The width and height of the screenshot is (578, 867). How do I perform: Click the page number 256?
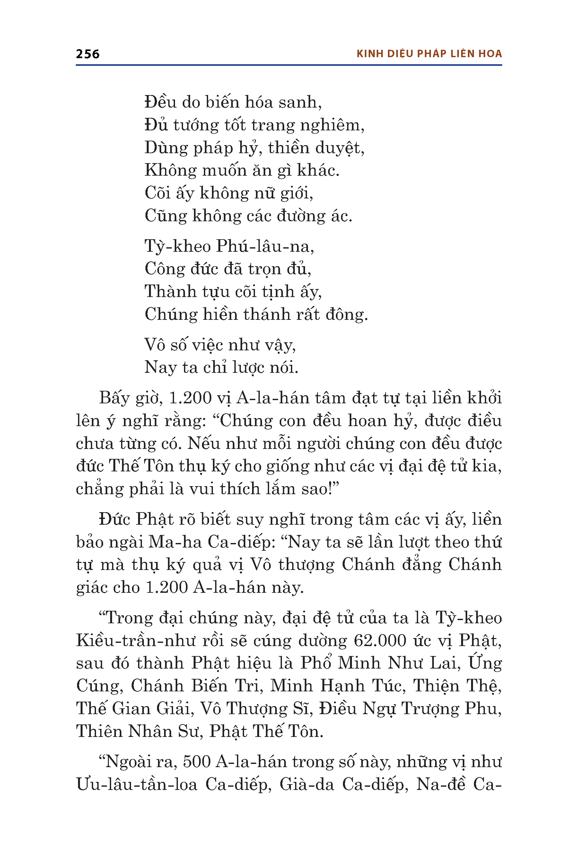[87, 54]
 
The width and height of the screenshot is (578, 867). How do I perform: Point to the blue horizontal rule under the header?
[289, 65]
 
